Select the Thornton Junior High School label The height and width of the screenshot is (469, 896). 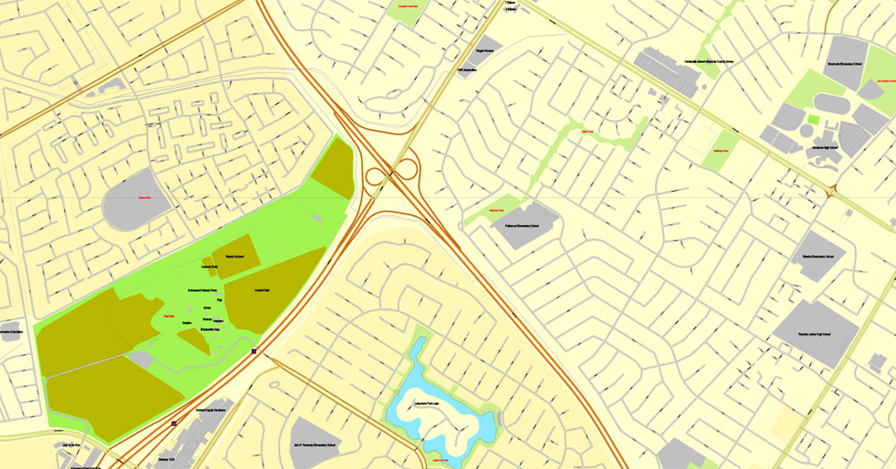coord(814,334)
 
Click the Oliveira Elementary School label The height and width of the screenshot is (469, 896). coord(818,256)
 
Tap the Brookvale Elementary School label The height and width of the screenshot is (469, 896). coord(844,64)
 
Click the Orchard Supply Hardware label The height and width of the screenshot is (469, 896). coord(214,410)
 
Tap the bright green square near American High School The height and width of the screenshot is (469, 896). coord(813,119)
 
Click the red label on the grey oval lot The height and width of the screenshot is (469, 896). coord(143,198)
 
